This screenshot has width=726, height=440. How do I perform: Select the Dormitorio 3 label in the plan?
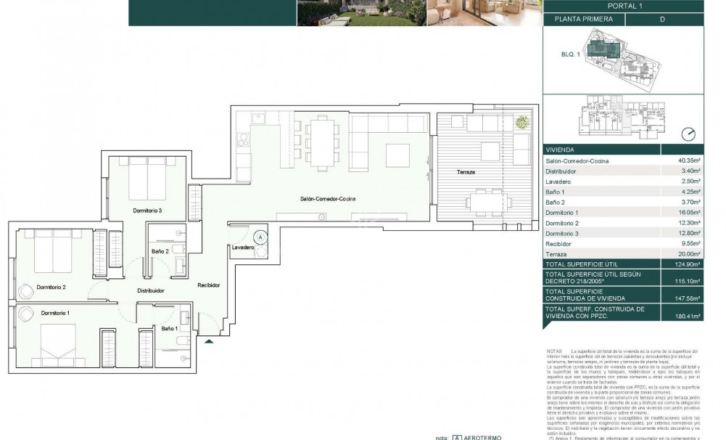point(147,211)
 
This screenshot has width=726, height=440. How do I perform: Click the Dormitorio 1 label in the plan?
point(57,312)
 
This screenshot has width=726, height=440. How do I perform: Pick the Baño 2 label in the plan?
point(161,251)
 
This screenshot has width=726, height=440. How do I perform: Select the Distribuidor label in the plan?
point(151,290)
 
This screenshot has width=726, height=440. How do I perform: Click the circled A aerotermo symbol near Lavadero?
point(260,236)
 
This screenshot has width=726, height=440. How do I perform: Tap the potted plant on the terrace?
point(521,123)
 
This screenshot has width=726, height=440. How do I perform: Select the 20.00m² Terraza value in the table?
point(688,255)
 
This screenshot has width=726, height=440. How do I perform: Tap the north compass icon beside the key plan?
point(689,134)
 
